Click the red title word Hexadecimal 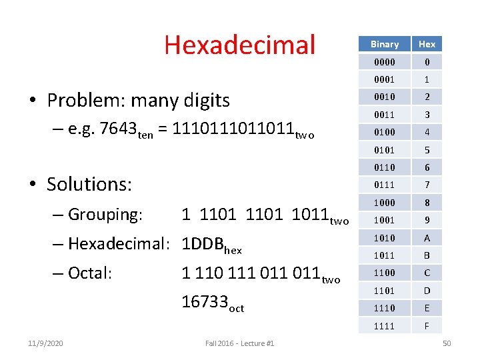pos(239,45)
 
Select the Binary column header pos(385,44)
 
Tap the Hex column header pos(427,44)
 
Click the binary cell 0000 pos(385,62)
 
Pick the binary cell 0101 pos(385,150)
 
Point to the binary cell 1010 pos(385,238)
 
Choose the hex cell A pos(427,238)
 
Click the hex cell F pos(427,326)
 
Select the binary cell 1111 pos(385,326)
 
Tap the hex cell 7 pos(427,185)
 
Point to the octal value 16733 pos(205,302)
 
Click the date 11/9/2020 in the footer pos(47,343)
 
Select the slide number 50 pos(447,343)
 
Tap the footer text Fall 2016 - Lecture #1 pos(239,343)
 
